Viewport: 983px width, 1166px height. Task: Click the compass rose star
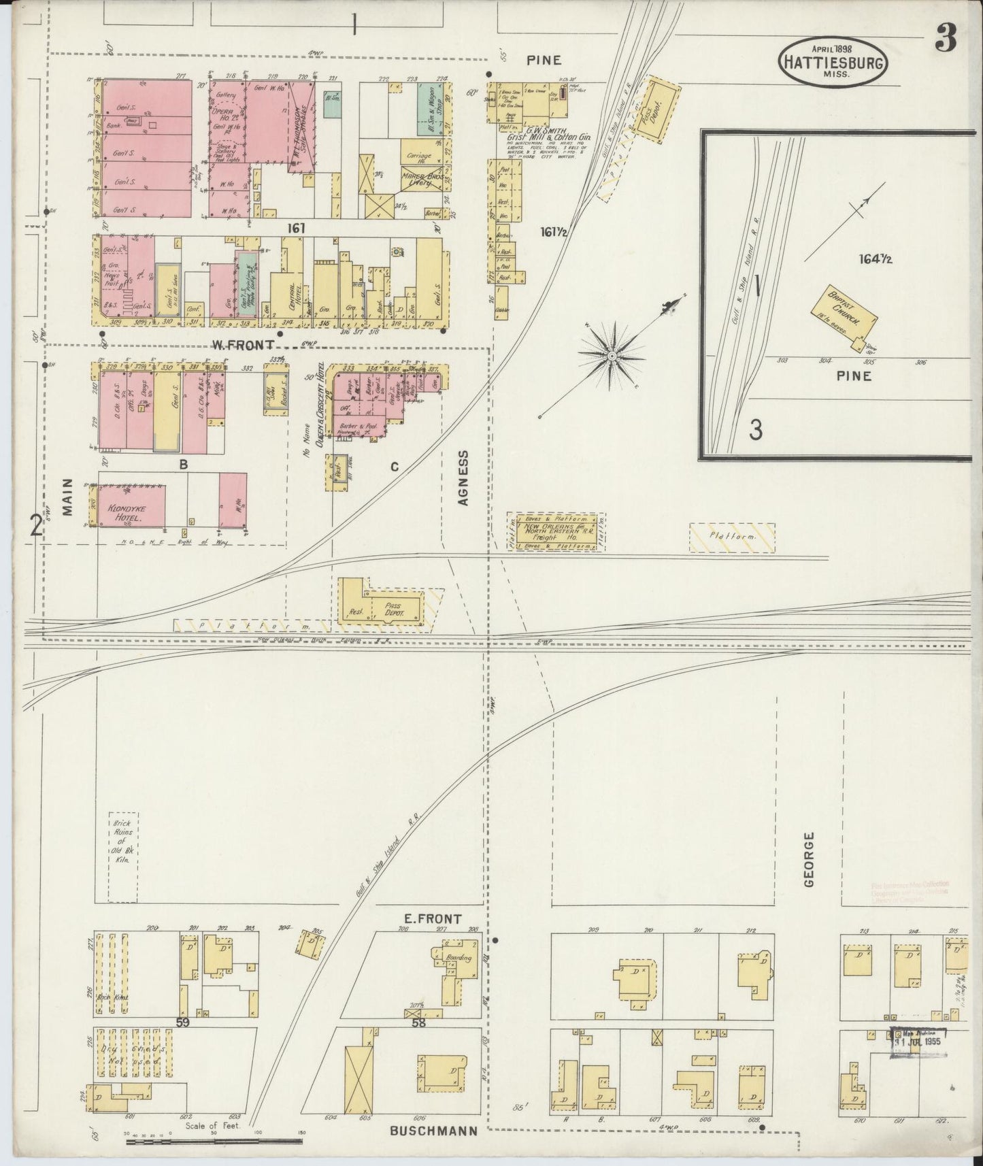point(612,355)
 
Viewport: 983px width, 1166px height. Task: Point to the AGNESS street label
point(464,478)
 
